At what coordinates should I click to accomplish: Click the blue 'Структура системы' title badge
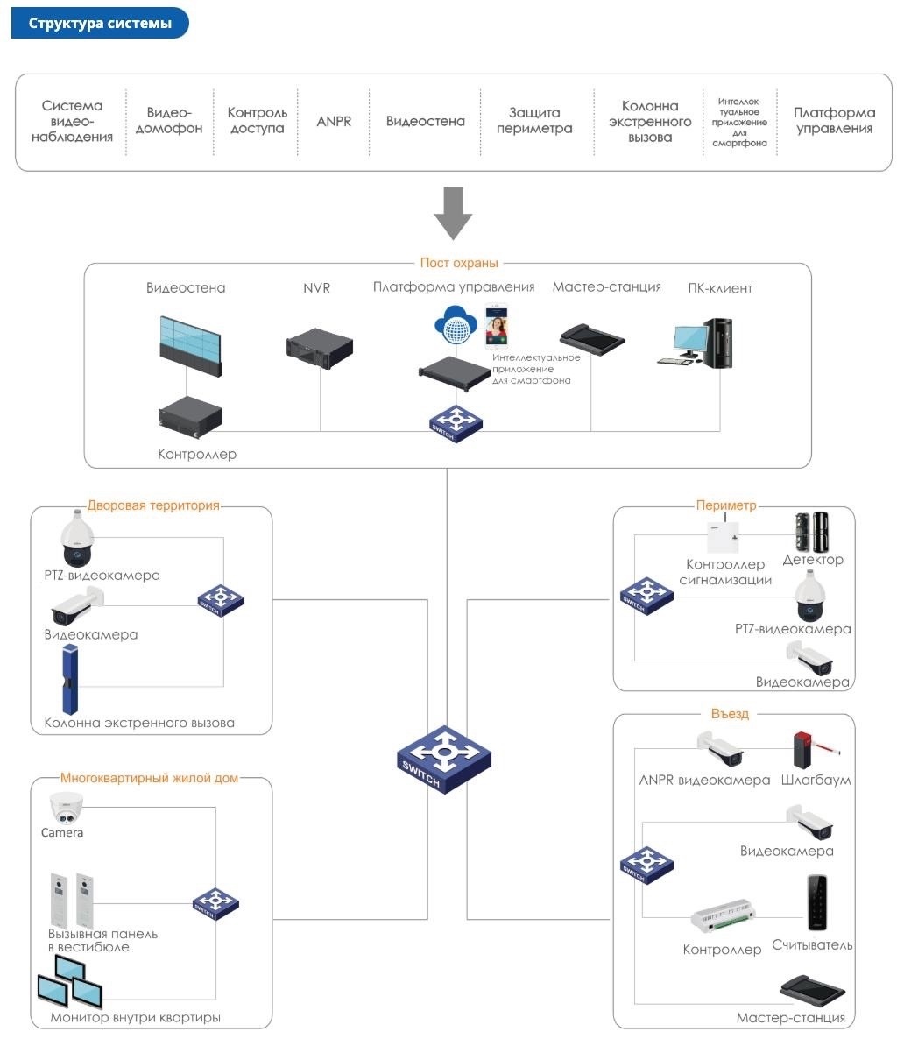100,24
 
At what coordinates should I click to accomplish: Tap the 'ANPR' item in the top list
334,121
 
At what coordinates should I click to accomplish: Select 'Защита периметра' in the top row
534,121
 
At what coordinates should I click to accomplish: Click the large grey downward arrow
453,213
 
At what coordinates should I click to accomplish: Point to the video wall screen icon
190,341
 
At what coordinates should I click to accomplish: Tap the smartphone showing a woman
498,326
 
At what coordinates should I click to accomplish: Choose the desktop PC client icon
703,343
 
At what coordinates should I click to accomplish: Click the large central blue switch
443,758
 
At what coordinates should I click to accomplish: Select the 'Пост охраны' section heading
458,263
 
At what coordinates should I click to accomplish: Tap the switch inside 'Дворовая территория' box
221,600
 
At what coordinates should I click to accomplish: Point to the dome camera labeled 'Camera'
66,807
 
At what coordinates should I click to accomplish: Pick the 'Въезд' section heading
730,714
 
